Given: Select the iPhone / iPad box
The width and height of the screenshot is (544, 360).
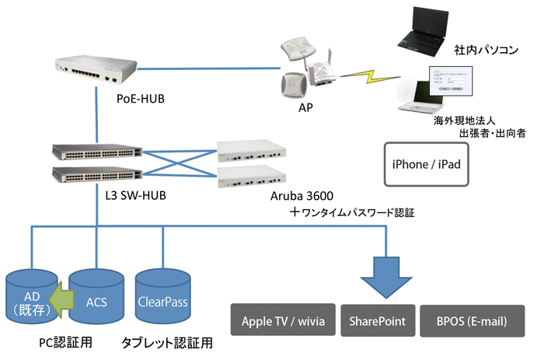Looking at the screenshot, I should click(427, 163).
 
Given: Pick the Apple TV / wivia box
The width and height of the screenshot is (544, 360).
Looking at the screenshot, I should click(283, 320).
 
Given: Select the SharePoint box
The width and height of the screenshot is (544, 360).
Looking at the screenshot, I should click(377, 320).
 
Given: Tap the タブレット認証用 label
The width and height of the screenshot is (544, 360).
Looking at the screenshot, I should click(166, 342).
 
